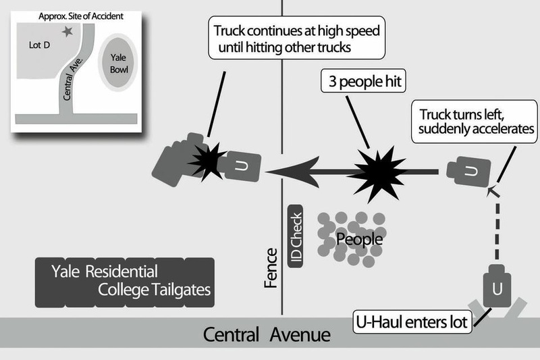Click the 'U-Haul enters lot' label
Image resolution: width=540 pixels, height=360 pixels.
point(413,321)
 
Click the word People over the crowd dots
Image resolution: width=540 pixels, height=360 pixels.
point(360,240)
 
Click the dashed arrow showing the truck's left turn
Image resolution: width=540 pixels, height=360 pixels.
point(497,223)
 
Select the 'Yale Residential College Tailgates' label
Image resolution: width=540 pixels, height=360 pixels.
point(125,282)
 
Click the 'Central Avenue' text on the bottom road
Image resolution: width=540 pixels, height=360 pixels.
point(267,334)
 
